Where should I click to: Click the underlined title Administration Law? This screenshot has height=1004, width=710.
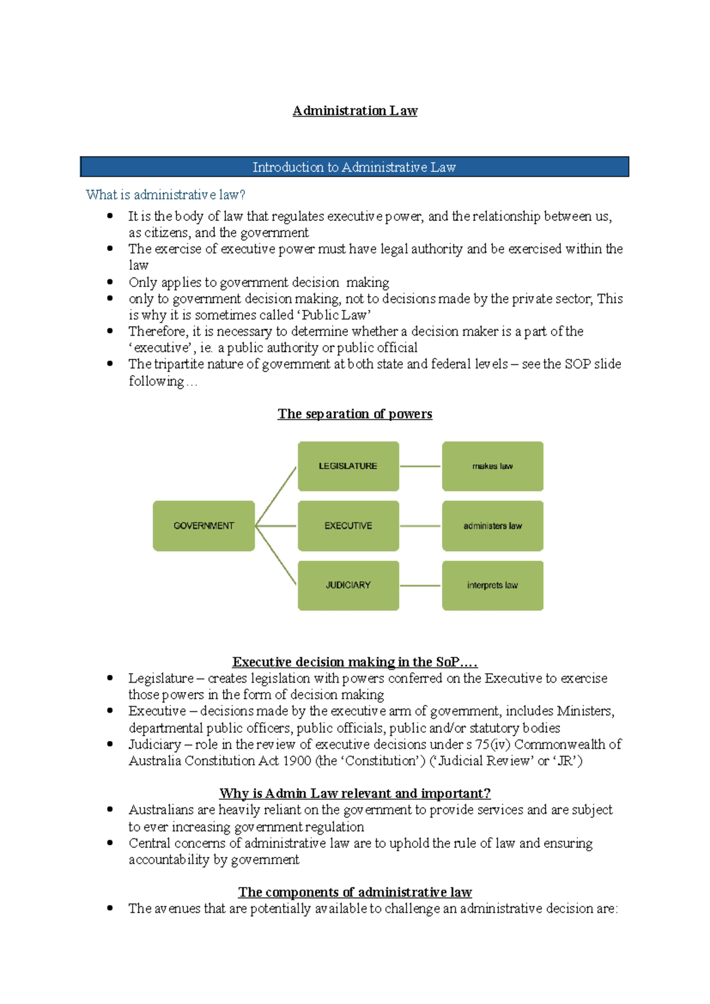tap(355, 111)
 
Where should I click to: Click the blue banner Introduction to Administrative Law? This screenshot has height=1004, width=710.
tap(354, 167)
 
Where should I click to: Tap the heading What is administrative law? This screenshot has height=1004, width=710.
tap(165, 195)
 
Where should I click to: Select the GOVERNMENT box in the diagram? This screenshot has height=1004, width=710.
tap(204, 526)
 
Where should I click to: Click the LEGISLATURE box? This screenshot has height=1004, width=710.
tap(348, 466)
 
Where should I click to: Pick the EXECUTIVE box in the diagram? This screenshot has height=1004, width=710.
tap(348, 526)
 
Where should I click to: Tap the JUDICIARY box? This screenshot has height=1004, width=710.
tap(348, 585)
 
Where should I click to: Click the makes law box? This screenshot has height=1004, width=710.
tap(492, 466)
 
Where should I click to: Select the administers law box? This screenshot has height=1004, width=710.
tap(492, 526)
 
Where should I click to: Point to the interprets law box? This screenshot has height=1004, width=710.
tap(492, 585)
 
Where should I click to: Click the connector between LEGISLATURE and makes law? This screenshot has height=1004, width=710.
tap(420, 466)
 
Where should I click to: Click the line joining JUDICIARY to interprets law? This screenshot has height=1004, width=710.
tap(420, 585)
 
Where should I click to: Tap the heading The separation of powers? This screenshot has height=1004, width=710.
tap(355, 414)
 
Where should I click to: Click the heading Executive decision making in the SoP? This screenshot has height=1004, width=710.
tap(354, 662)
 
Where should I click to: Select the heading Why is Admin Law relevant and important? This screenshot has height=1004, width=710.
tap(354, 793)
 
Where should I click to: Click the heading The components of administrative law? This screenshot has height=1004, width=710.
tap(354, 892)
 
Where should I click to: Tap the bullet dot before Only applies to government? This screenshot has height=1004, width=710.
tap(110, 282)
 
